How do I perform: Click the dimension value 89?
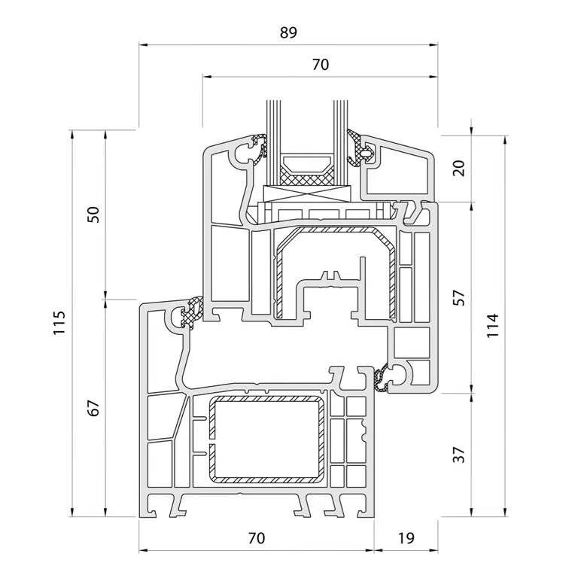click(288, 32)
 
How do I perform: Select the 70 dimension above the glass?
click(321, 65)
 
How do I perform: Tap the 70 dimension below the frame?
click(257, 538)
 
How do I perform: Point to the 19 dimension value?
click(406, 538)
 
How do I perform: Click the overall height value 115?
click(59, 323)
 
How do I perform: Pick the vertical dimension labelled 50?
click(93, 214)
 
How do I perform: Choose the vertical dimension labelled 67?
click(93, 408)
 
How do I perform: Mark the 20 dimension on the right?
click(459, 168)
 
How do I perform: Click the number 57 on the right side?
click(459, 298)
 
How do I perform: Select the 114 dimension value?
click(492, 325)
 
